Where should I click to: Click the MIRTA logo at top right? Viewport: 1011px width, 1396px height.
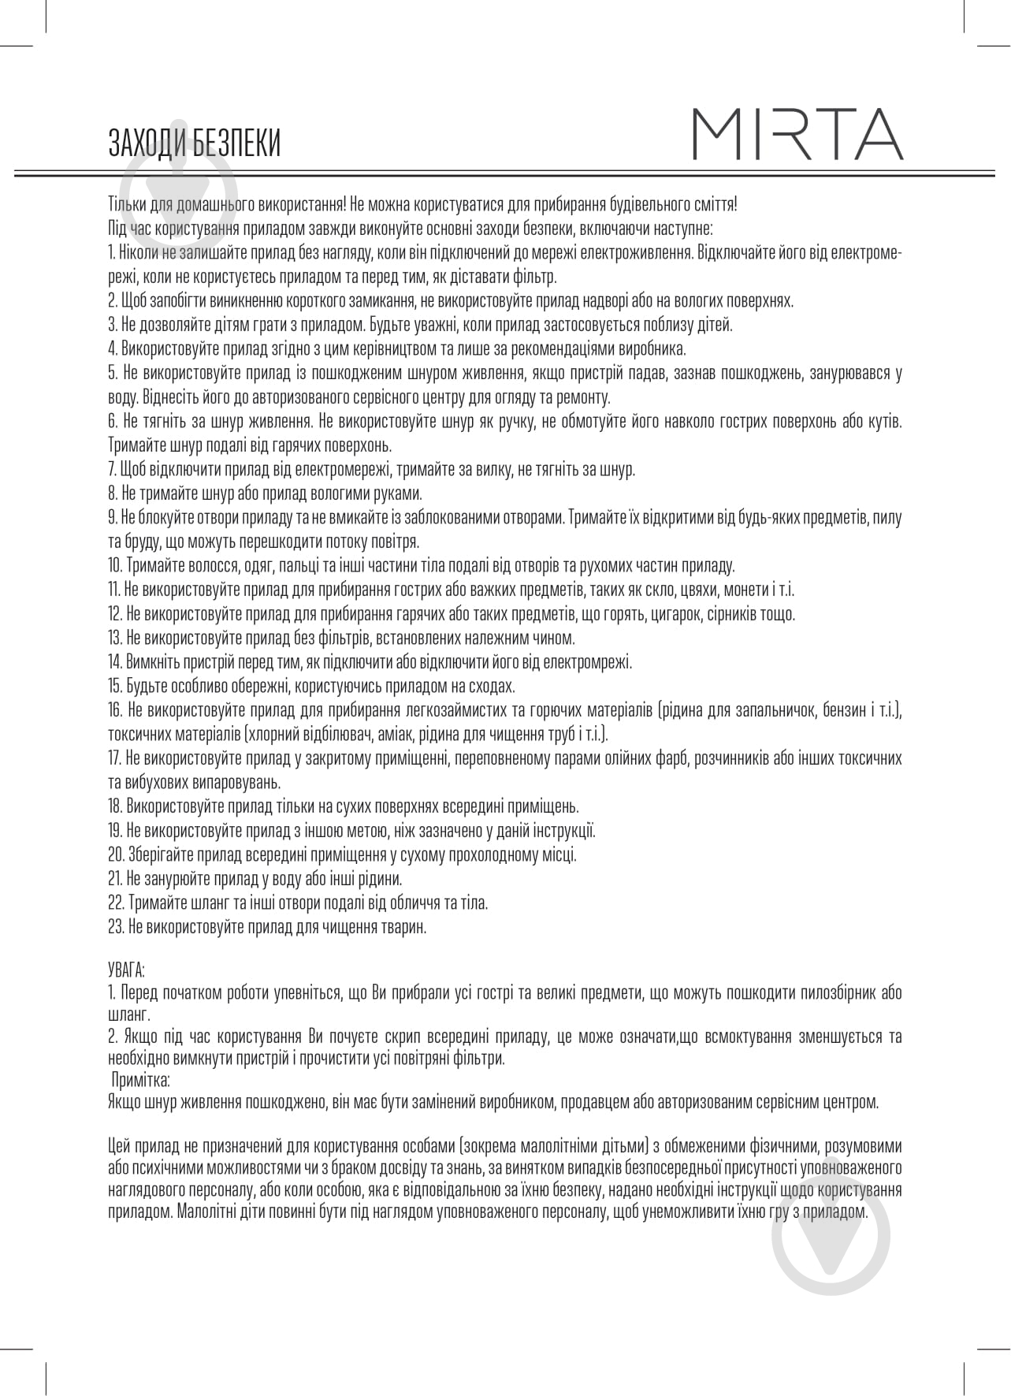(797, 135)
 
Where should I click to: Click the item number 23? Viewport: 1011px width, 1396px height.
(115, 927)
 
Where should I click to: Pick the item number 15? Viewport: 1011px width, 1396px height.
(114, 686)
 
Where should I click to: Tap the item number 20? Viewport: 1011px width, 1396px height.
(116, 854)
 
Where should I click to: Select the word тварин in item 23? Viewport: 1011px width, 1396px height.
(405, 927)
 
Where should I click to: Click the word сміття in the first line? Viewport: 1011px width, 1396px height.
(715, 205)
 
